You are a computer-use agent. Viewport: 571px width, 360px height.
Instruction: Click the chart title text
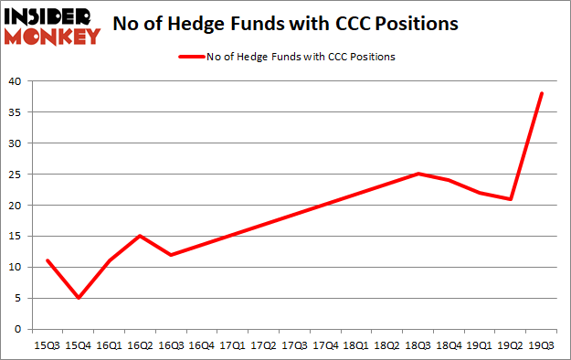pos(286,25)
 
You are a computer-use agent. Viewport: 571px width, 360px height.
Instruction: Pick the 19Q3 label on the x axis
pos(542,345)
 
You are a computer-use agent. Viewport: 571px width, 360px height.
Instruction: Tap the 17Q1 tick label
pos(233,345)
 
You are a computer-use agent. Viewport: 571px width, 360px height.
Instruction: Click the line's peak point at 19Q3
pos(542,93)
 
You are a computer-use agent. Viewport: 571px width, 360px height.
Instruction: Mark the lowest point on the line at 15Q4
pos(78,298)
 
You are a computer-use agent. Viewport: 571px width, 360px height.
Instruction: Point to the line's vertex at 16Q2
pos(140,236)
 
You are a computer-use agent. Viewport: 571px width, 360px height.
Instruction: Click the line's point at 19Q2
pos(511,199)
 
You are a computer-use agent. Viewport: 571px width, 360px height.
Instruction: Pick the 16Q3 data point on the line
pos(171,254)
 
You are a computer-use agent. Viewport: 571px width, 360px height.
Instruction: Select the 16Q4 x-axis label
pos(202,345)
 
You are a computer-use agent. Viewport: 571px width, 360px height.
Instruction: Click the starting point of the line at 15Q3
pos(47,260)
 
